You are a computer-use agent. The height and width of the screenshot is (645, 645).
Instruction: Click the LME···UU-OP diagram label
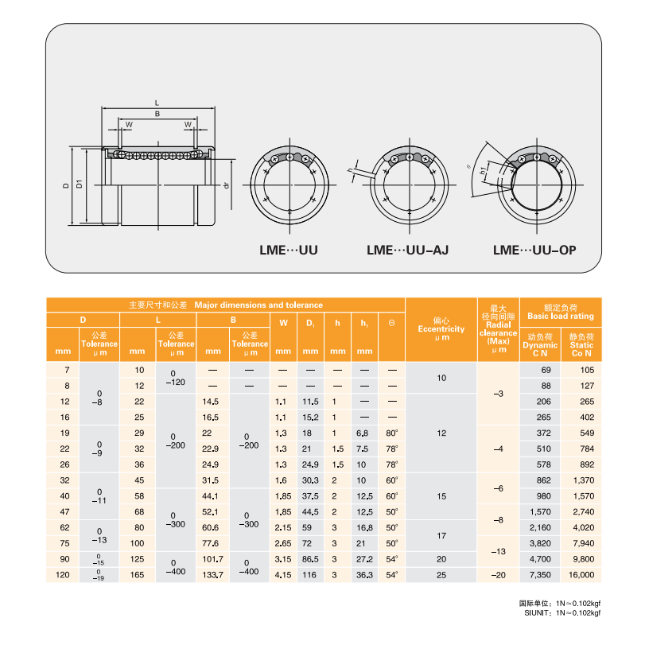pyautogui.click(x=534, y=250)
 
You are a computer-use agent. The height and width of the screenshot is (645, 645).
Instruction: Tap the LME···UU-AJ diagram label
pyautogui.click(x=408, y=250)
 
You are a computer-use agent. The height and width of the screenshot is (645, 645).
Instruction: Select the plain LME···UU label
pyautogui.click(x=289, y=250)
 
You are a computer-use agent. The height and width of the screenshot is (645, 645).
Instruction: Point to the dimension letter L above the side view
pyautogui.click(x=157, y=103)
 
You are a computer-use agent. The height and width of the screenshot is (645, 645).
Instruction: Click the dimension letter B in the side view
pyautogui.click(x=157, y=114)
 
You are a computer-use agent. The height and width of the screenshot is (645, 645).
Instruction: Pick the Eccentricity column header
pyautogui.click(x=441, y=328)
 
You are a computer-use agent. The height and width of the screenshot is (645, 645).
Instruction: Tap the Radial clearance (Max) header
pyautogui.click(x=498, y=328)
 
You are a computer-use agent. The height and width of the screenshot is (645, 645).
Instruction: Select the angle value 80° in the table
pyautogui.click(x=391, y=433)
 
